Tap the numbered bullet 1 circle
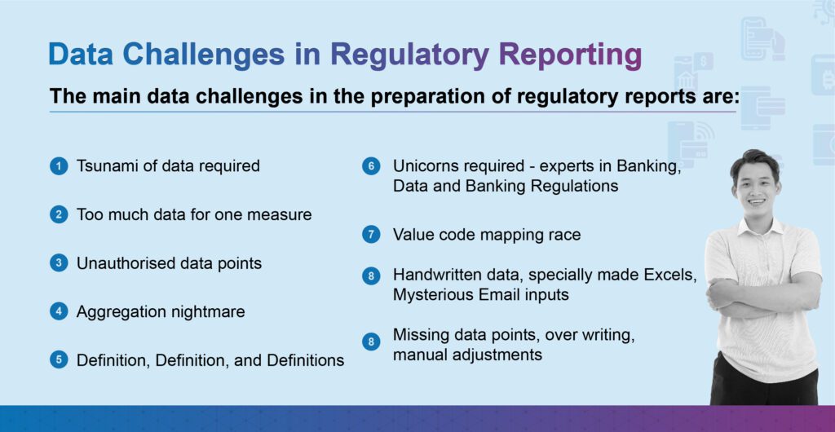point(58,166)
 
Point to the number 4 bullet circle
point(58,311)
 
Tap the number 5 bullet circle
point(58,359)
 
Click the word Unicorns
point(424,166)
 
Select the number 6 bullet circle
point(371,166)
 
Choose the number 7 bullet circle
point(371,235)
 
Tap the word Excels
point(670,275)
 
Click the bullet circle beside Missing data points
point(371,342)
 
